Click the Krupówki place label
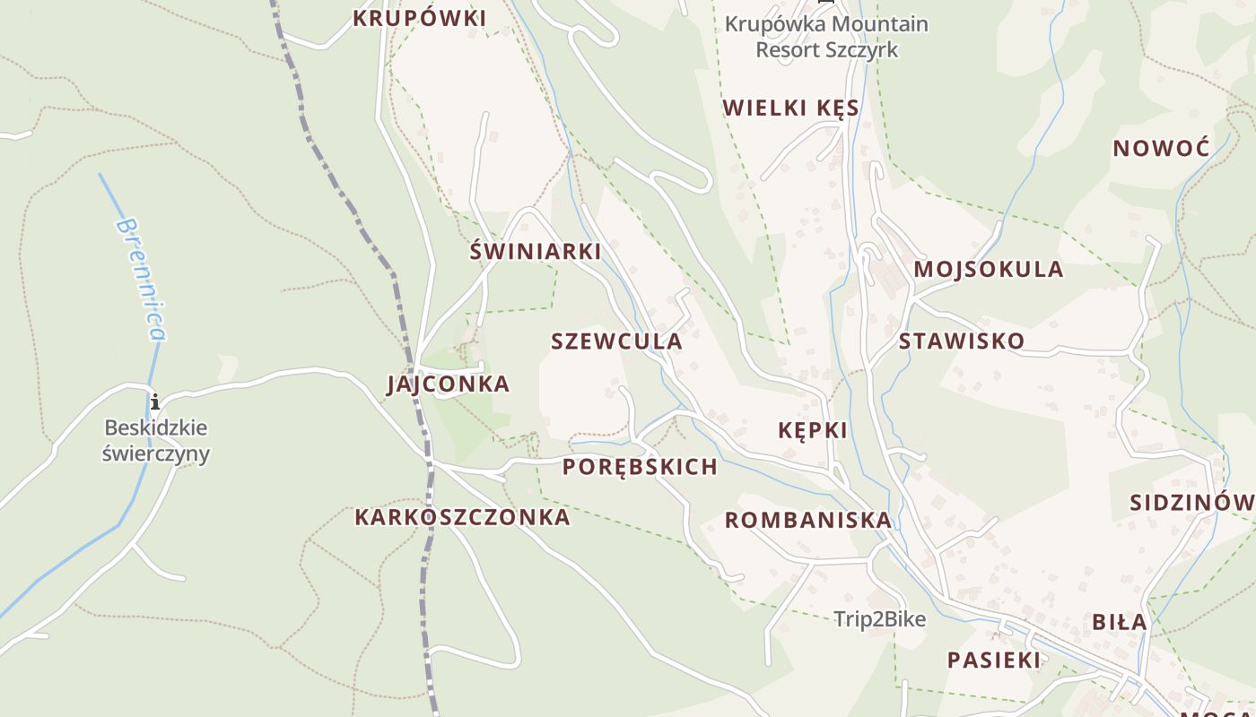[419, 18]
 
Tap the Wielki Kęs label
[790, 108]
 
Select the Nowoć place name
[1161, 148]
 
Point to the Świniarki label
[535, 251]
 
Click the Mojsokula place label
[988, 269]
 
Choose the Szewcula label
[616, 341]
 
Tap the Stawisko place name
[961, 341]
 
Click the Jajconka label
[448, 384]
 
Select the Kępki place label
[812, 430]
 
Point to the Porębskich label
[640, 467]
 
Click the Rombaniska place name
[807, 520]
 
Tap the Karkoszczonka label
[462, 517]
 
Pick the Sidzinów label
[1191, 502]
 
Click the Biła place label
[1119, 622]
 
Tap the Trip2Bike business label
[879, 619]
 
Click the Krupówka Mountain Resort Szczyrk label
[826, 37]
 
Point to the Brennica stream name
[142, 279]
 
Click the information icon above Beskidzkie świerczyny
[155, 401]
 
